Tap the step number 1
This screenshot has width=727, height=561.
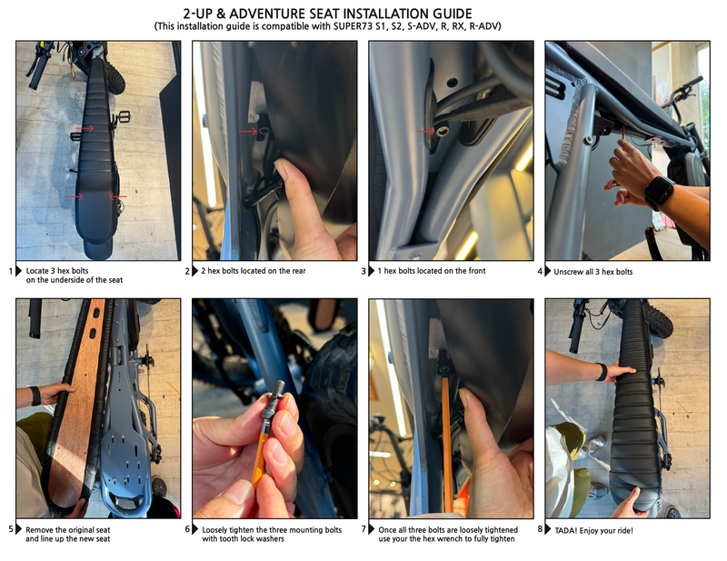(x=11, y=271)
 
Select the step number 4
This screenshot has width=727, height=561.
(x=540, y=271)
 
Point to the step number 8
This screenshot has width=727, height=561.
(x=540, y=529)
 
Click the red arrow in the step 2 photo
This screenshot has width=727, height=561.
(x=248, y=132)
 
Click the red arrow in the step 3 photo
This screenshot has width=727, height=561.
(x=425, y=131)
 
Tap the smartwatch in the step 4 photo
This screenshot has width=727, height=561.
(x=659, y=192)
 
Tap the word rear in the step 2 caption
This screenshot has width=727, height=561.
(x=300, y=271)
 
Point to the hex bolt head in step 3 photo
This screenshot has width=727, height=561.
(x=443, y=130)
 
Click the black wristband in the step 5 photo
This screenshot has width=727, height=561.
(x=35, y=396)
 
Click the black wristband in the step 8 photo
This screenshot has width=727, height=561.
(x=602, y=372)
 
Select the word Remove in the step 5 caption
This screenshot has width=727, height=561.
(x=39, y=530)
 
